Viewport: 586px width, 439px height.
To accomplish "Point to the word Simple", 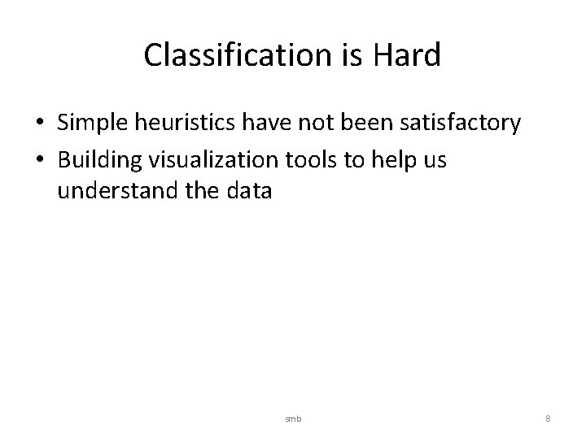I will tap(94, 124).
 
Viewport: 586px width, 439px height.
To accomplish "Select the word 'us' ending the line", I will tap(435, 160).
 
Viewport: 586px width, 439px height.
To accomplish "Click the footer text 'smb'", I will tap(292, 419).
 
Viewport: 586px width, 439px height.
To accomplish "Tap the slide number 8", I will tap(548, 419).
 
